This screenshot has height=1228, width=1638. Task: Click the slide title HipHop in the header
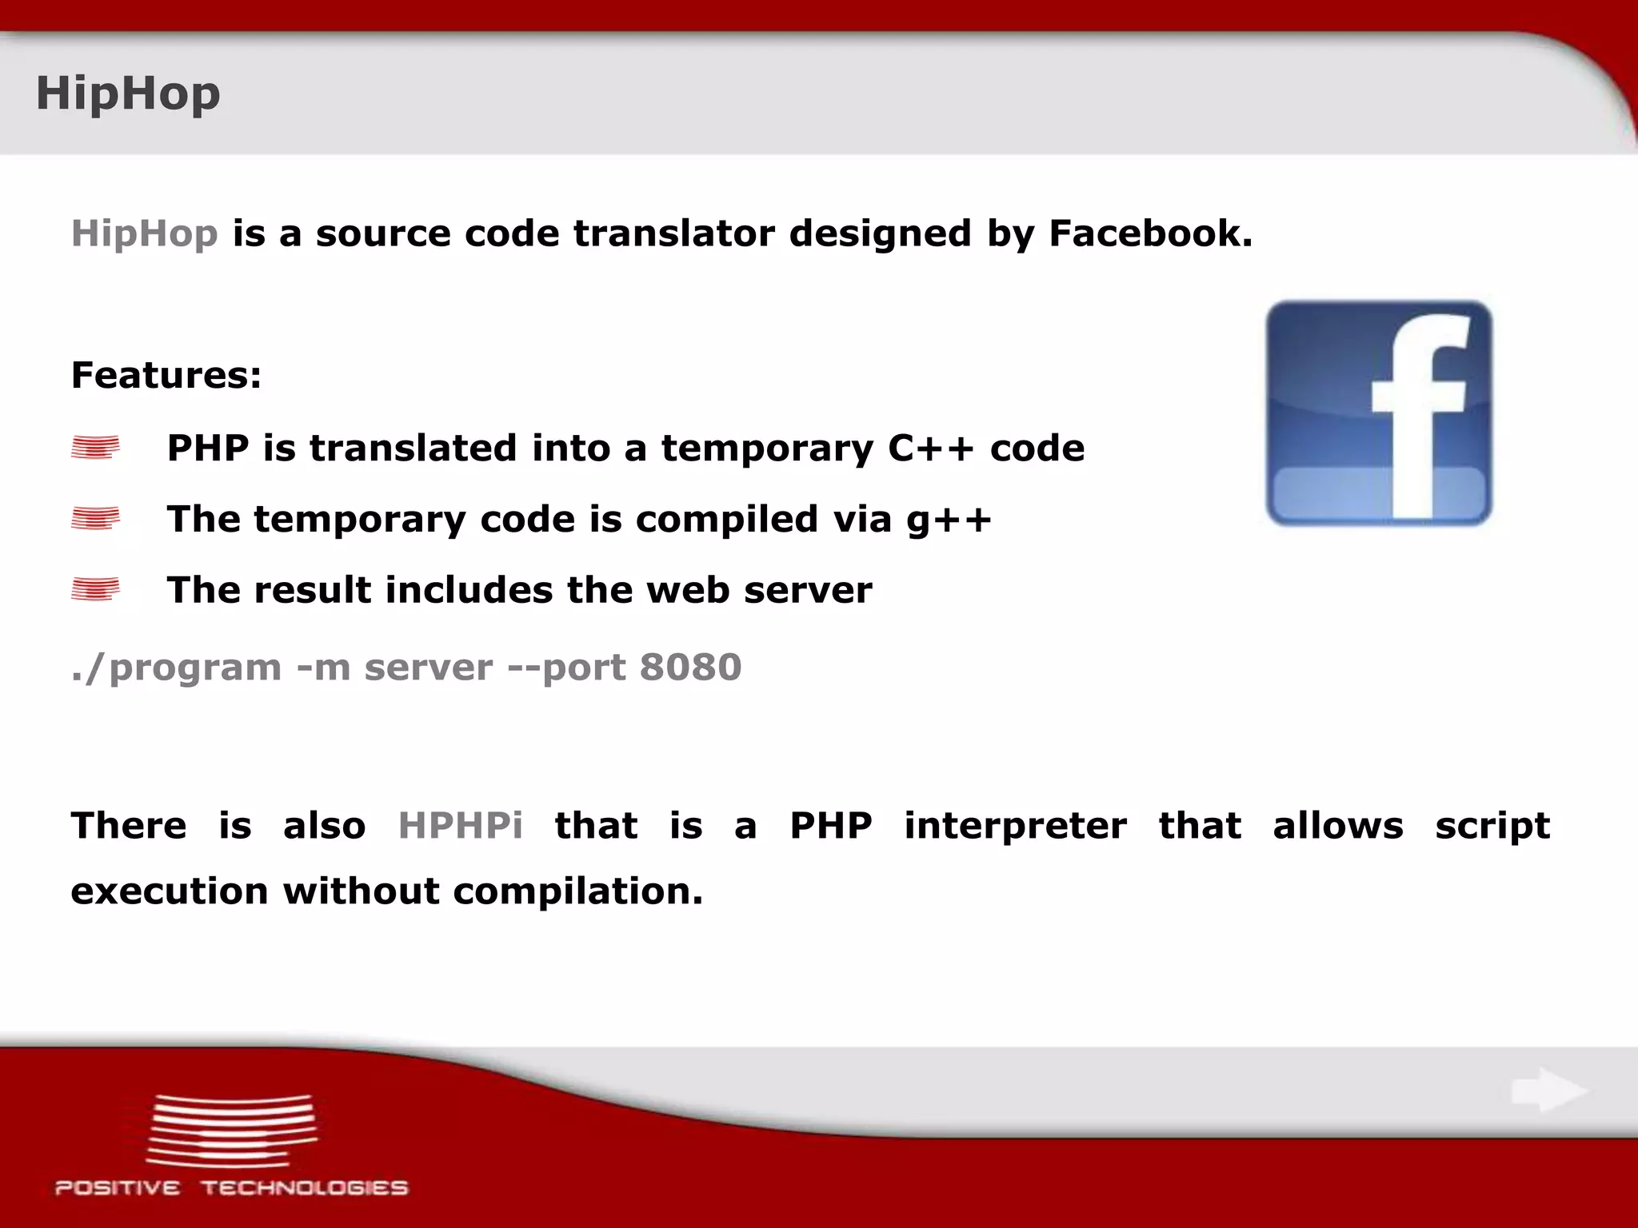[x=128, y=94]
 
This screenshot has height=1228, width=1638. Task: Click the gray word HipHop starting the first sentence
[x=144, y=233]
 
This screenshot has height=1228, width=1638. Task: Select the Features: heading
[x=166, y=375]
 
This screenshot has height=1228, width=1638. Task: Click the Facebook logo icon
[x=1378, y=413]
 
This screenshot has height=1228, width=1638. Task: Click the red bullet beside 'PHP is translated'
[x=95, y=448]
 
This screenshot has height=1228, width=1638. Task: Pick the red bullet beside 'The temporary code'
[x=95, y=519]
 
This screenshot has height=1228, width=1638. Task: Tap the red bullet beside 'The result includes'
[x=95, y=590]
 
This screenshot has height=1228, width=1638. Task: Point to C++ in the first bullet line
[x=930, y=448]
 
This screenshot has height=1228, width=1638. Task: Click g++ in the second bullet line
[x=949, y=520]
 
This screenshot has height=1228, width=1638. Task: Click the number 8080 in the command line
[x=690, y=667]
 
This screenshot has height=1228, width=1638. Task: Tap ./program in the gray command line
[x=176, y=668]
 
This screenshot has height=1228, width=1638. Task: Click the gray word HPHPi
[x=460, y=825]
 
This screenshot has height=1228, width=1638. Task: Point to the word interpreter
[x=1015, y=825]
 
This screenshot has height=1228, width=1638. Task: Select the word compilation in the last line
[x=577, y=891]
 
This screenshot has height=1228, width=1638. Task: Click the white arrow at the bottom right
[x=1548, y=1090]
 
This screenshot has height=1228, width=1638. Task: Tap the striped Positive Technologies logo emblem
[x=232, y=1130]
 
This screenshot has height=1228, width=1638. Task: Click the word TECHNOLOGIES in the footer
[x=304, y=1188]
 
